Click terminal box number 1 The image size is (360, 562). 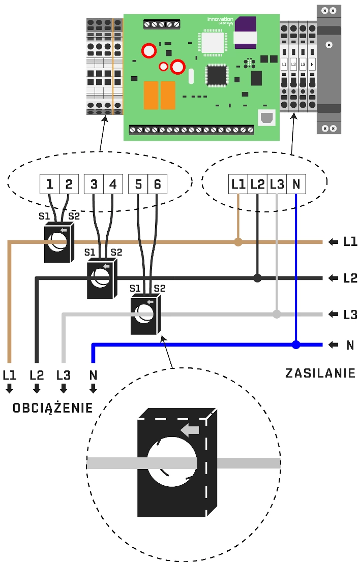click(50, 184)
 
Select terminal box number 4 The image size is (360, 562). click(113, 184)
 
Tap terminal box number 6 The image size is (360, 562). click(158, 184)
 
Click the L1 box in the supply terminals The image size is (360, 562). click(238, 184)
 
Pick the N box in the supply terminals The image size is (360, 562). click(296, 184)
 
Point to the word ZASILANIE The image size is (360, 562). click(320, 373)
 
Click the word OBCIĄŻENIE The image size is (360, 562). click(53, 408)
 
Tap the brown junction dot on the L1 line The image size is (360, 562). click(238, 242)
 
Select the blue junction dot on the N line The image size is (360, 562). click(296, 345)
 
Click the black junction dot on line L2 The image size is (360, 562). click(257, 278)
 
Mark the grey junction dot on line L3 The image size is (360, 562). click(277, 314)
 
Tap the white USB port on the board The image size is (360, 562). click(265, 118)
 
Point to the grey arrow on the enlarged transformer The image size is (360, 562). click(190, 430)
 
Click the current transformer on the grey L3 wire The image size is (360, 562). click(145, 315)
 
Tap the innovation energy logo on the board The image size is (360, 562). click(220, 21)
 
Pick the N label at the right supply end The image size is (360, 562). click(350, 345)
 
